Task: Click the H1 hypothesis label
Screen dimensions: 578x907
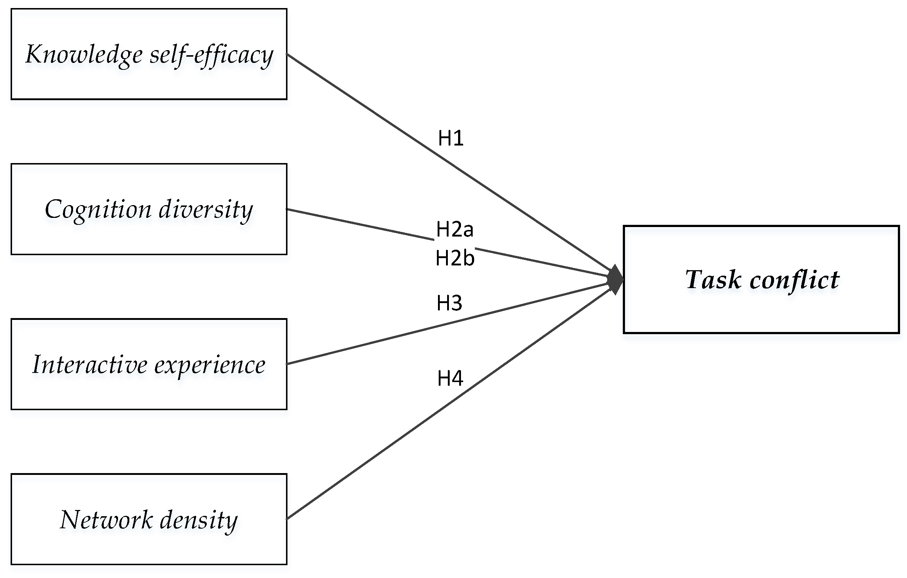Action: pyautogui.click(x=450, y=138)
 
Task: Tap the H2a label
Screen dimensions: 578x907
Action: pyautogui.click(x=454, y=229)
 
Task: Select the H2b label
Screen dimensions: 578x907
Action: pyautogui.click(x=455, y=258)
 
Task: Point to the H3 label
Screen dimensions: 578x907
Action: pyautogui.click(x=449, y=303)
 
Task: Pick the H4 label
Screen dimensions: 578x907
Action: pyautogui.click(x=450, y=378)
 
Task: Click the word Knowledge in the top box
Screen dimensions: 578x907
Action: pyautogui.click(x=84, y=55)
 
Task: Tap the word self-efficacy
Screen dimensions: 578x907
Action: pyautogui.click(x=211, y=55)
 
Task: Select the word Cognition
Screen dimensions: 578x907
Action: pyautogui.click(x=98, y=209)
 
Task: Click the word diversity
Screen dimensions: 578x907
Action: pyautogui.click(x=206, y=209)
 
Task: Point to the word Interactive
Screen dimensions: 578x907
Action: pyautogui.click(x=89, y=364)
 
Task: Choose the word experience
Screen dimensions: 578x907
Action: pyautogui.click(x=210, y=365)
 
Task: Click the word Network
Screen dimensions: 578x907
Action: pyautogui.click(x=106, y=520)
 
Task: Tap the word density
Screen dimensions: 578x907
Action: pyautogui.click(x=199, y=520)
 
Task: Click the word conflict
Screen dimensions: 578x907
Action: pyautogui.click(x=794, y=280)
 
